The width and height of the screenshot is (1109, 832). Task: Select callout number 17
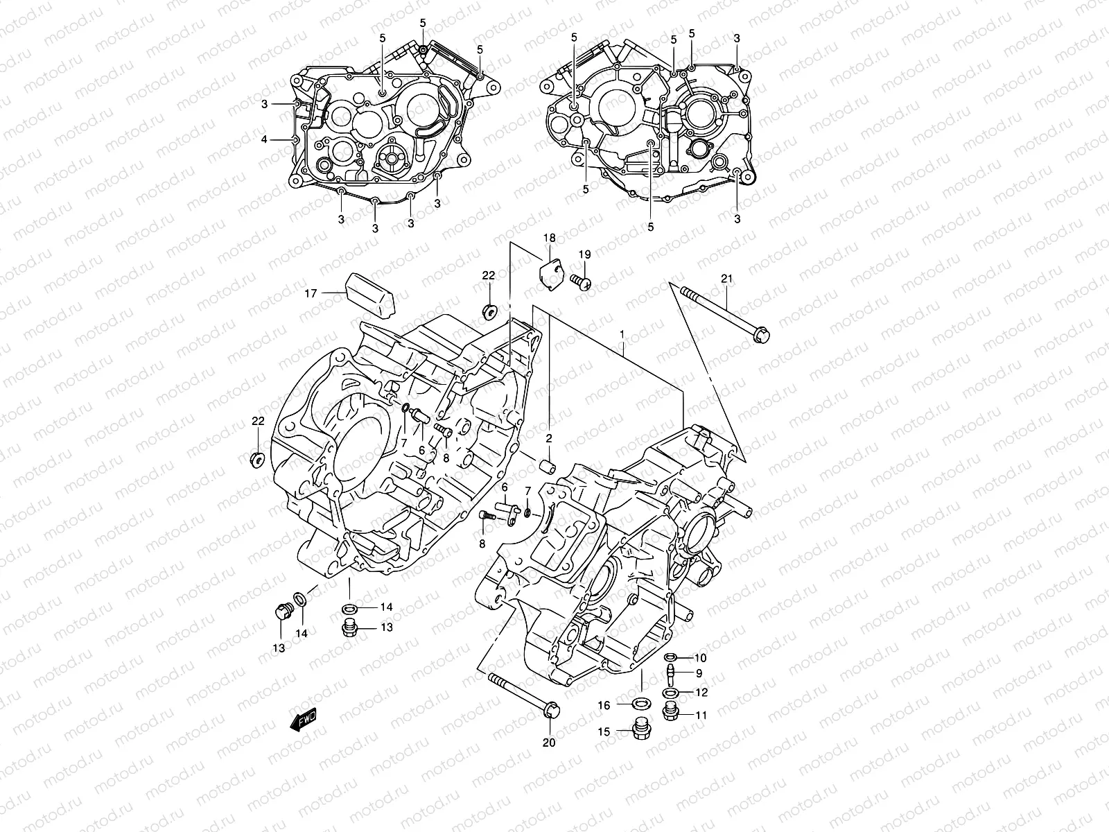(311, 294)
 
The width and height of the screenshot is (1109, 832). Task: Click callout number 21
(726, 279)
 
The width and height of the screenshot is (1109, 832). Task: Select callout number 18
(549, 239)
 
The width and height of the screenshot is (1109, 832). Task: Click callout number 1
(622, 334)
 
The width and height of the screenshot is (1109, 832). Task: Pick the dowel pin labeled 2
(548, 464)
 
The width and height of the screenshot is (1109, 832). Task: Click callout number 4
(264, 139)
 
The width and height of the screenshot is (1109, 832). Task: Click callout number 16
(604, 705)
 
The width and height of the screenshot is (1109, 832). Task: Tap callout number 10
(700, 657)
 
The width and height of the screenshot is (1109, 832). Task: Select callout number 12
(701, 692)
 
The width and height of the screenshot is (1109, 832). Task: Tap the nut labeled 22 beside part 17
(489, 311)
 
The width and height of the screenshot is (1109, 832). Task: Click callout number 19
(584, 254)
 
